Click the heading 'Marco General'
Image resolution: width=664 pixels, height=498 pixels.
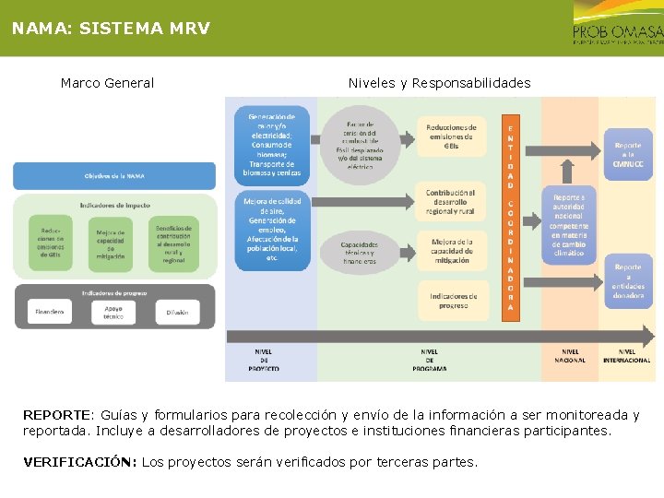click(107, 83)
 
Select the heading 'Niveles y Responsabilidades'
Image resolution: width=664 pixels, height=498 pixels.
click(439, 83)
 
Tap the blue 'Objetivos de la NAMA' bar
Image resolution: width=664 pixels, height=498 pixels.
click(114, 176)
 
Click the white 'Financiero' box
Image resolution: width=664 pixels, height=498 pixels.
click(50, 313)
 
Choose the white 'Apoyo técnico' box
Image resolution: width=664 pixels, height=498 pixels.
click(113, 313)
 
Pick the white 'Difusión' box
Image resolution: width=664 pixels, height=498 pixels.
click(177, 313)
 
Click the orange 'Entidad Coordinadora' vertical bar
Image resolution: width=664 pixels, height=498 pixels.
click(510, 216)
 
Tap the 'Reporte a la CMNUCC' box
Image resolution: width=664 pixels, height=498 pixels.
click(628, 154)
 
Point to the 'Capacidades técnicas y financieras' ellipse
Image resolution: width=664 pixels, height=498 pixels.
click(358, 251)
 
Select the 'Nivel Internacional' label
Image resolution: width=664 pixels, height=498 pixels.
click(627, 355)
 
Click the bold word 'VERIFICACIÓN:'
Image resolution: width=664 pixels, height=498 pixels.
click(80, 461)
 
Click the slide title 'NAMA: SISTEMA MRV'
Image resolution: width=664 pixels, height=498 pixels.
click(111, 29)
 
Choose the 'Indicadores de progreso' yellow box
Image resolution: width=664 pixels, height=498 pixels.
click(452, 300)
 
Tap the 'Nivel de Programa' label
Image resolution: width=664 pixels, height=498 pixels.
click(429, 360)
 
